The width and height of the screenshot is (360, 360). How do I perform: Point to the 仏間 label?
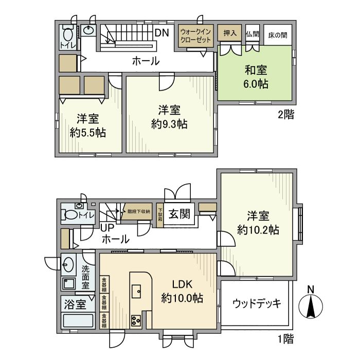(252, 34)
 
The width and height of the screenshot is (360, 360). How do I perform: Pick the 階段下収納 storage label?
(138, 211)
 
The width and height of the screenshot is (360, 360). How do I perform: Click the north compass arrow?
(311, 307)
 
